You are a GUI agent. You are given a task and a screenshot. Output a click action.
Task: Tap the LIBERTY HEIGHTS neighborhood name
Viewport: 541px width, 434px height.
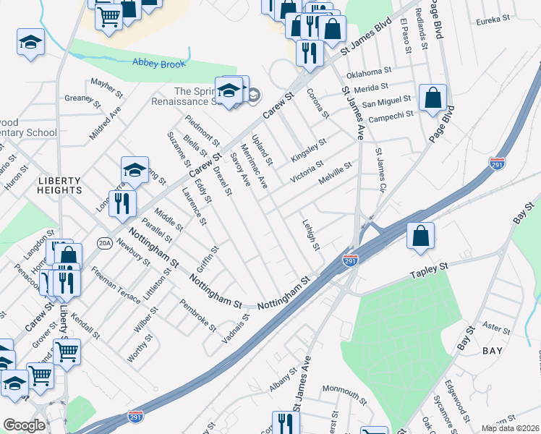tap(61, 184)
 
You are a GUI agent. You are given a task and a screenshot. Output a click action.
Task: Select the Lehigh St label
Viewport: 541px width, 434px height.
tap(311, 235)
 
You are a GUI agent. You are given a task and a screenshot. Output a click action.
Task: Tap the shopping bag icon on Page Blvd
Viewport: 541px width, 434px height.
tap(433, 98)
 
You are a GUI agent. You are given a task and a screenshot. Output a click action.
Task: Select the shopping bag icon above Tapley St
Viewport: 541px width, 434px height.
tap(420, 236)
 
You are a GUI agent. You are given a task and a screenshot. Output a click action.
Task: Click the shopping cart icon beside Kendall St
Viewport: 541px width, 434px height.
tap(67, 352)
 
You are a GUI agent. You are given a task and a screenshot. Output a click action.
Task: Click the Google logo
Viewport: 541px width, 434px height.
tap(24, 426)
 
